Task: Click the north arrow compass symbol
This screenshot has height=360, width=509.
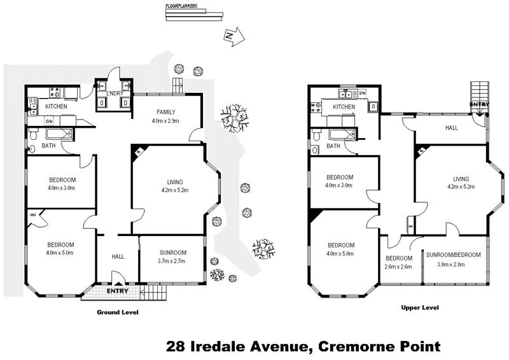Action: (x=233, y=37)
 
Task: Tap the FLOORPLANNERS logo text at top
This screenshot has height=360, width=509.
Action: (x=181, y=6)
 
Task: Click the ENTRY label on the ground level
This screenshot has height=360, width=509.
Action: (x=117, y=291)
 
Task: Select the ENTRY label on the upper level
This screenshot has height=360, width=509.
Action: (x=478, y=104)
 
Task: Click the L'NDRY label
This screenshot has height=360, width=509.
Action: (x=115, y=93)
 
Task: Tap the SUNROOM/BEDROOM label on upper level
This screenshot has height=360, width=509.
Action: (x=454, y=255)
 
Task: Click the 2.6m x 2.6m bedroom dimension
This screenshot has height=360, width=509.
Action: (x=399, y=267)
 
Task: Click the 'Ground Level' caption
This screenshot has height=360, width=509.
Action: (x=117, y=312)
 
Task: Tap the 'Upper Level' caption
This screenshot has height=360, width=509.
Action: (x=419, y=308)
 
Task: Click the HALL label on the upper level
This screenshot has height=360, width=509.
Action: (x=451, y=128)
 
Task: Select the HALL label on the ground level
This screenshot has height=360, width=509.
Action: (x=118, y=256)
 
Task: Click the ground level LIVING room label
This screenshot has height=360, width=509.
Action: (x=171, y=182)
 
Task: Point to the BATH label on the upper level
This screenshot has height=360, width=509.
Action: (x=333, y=146)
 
